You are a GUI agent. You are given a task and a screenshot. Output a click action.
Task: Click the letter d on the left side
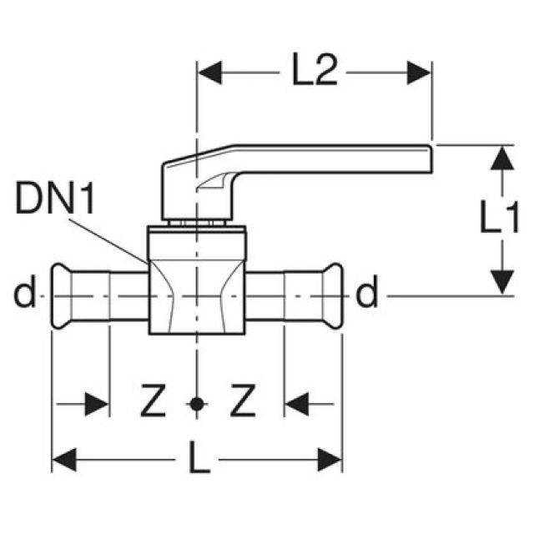(x=25, y=294)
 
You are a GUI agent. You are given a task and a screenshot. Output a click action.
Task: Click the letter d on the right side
(x=368, y=294)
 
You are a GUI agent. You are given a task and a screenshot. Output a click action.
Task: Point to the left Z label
(x=151, y=405)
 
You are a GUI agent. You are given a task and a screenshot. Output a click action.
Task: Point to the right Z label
(x=241, y=405)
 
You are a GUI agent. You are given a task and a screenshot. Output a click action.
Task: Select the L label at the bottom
(x=199, y=460)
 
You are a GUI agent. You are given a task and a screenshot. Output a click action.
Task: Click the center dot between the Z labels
(x=196, y=405)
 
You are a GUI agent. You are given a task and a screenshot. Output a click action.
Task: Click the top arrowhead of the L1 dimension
(x=501, y=159)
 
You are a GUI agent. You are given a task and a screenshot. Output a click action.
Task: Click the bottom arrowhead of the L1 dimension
(x=501, y=280)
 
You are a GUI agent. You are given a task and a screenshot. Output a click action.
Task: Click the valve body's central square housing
(x=197, y=284)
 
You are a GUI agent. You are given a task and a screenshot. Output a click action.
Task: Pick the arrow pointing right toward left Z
(x=96, y=406)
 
